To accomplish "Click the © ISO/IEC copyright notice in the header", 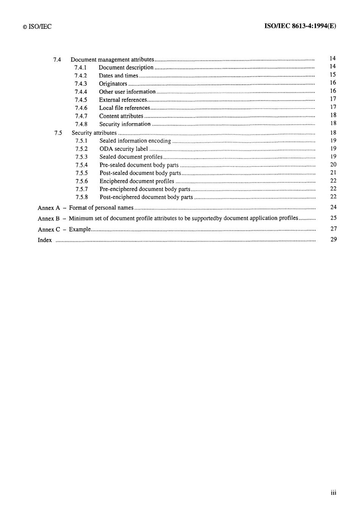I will click(37, 27).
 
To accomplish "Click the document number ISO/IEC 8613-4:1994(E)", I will click(300, 26).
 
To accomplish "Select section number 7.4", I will click(57, 60).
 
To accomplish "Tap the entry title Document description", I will click(126, 68).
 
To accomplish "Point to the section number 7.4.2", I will click(81, 75).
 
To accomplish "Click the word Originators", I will click(113, 84).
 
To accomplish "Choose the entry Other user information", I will click(127, 92).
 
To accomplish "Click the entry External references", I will click(123, 100).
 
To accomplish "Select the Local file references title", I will click(124, 108).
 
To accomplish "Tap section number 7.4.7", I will click(81, 116).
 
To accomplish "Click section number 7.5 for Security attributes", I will click(58, 133).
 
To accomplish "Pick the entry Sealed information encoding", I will click(135, 141).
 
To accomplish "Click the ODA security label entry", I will click(124, 149).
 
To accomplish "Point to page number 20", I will click(333, 165).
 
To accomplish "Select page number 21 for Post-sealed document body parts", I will click(333, 173).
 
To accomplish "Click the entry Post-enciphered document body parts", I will click(146, 197).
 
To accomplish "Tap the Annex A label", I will click(49, 208).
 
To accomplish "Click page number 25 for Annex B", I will click(333, 218).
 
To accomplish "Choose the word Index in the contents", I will click(45, 240).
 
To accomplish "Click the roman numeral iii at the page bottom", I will click(333, 493).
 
